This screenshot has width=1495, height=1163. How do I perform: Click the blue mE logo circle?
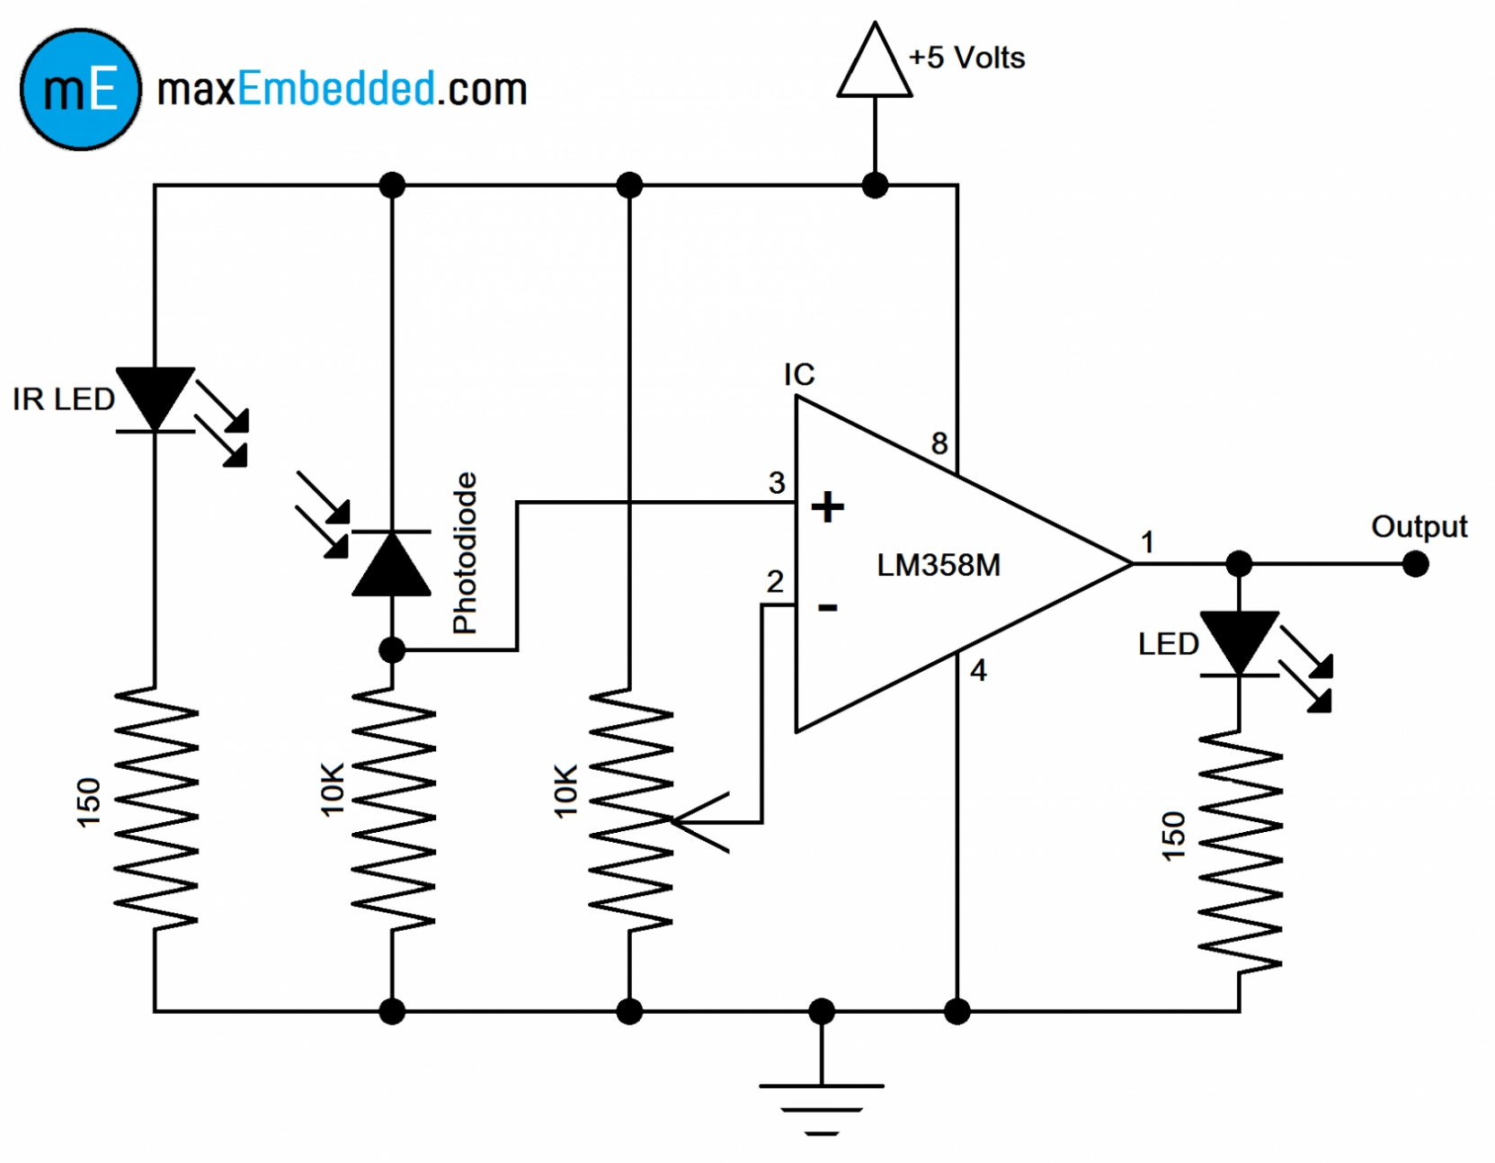(80, 89)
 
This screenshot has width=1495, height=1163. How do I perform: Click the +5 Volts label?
(966, 58)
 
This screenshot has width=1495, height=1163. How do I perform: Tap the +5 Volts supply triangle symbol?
(874, 63)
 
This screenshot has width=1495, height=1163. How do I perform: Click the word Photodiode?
(464, 552)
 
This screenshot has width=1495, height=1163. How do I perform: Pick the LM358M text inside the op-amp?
(938, 565)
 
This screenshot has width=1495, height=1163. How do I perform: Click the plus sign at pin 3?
(827, 507)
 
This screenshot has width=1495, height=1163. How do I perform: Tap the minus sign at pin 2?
(827, 608)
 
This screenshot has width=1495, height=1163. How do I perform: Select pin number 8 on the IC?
(939, 443)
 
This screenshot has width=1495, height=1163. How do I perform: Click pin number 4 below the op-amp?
(978, 670)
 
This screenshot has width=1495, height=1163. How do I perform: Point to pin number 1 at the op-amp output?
(1147, 541)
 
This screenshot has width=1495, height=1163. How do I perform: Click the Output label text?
(1418, 526)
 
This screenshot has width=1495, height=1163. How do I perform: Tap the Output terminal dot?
(1415, 564)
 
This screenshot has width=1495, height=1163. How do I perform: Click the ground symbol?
(821, 1107)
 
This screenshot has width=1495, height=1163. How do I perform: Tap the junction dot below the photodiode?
(391, 649)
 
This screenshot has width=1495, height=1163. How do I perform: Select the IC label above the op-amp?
(798, 374)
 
